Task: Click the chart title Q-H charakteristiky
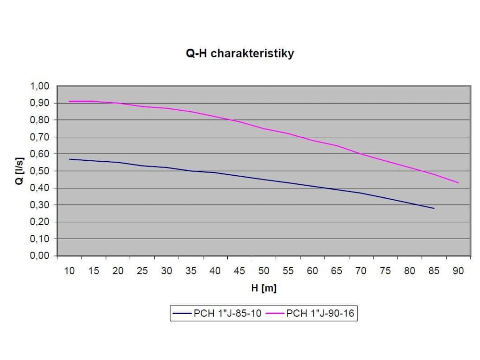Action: (x=240, y=53)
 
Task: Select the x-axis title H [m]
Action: (x=263, y=289)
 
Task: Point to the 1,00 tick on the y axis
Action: (x=40, y=86)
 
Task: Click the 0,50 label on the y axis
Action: (x=40, y=171)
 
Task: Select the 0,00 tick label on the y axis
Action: (x=40, y=256)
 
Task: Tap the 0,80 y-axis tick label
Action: (x=40, y=120)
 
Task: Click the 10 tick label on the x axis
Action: (x=69, y=271)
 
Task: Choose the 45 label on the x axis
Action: (x=240, y=271)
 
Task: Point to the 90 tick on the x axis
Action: (x=458, y=271)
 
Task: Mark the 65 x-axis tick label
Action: (x=337, y=271)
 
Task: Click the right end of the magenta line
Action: (x=458, y=183)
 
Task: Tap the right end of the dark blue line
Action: (x=434, y=208)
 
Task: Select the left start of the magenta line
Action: (x=69, y=101)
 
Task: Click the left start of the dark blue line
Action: (x=69, y=159)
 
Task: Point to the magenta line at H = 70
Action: (x=361, y=154)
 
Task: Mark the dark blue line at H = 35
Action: (x=191, y=171)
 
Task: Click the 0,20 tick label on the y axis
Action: (x=40, y=222)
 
